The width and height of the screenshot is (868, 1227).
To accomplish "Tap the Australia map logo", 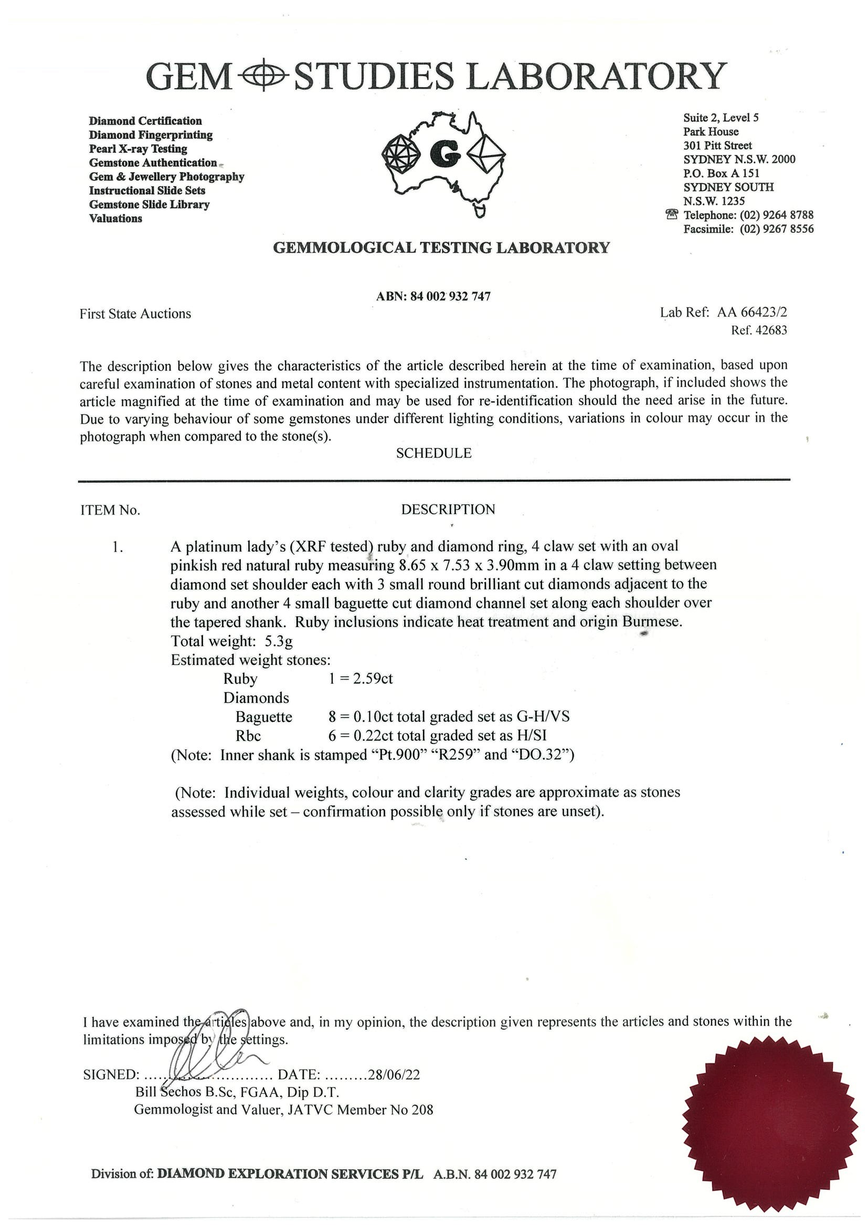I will [443, 160].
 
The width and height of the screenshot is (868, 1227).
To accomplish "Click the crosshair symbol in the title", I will [262, 77].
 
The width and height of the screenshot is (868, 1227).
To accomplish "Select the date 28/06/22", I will [394, 1074].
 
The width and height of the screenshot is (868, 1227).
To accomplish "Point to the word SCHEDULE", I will [433, 453].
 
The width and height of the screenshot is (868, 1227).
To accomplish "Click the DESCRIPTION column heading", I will [448, 509].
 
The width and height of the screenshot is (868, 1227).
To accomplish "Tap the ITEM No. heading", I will [110, 510].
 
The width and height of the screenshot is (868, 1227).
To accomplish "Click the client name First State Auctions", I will [135, 314].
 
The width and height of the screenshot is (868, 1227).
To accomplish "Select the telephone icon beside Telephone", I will [672, 215].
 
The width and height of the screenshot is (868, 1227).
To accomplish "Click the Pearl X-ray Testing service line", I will [138, 148].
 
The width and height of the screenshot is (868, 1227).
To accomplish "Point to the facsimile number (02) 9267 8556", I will [777, 229].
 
